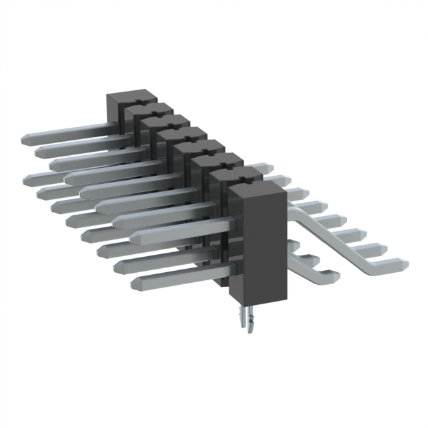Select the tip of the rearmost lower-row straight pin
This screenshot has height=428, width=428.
point(31,179)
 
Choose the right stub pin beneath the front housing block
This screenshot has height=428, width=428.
point(251,322)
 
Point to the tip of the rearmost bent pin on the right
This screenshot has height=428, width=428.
point(266,167)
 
